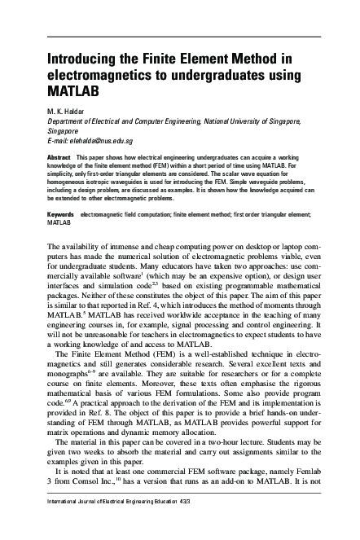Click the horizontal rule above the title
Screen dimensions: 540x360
coord(180,37)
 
